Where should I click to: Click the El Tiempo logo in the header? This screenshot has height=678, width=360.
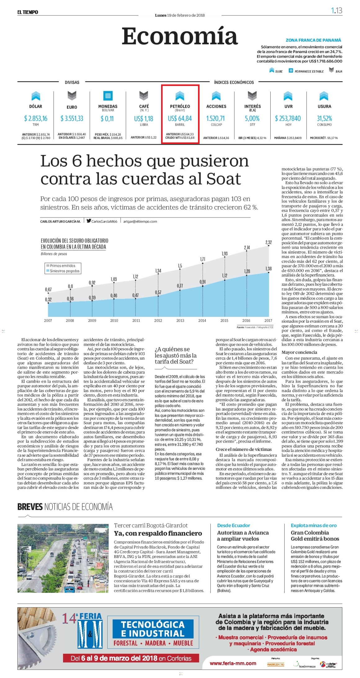[x=28, y=12]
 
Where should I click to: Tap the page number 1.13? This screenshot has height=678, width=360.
[x=336, y=11]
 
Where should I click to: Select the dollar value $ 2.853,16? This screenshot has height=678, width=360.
[x=36, y=118]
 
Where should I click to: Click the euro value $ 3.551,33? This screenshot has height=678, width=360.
[x=72, y=118]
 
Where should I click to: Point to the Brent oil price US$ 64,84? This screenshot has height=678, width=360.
[x=180, y=118]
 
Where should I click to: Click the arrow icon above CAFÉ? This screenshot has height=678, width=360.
[x=144, y=96]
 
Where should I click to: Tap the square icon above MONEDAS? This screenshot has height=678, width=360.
[x=108, y=96]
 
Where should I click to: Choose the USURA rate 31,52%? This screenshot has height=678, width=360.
[x=324, y=118]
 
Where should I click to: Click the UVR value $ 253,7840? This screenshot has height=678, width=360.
[x=288, y=118]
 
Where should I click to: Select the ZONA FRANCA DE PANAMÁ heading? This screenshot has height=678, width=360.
[x=313, y=40]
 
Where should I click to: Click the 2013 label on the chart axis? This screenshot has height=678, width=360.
[x=180, y=321]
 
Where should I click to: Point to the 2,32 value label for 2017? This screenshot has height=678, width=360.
[x=268, y=242]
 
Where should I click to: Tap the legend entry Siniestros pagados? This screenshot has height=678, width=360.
[x=65, y=271]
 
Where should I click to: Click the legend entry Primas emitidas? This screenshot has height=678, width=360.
[x=62, y=266]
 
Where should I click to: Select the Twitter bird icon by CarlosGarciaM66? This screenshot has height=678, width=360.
[x=89, y=221]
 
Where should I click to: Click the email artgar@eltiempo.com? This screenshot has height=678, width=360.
[x=140, y=221]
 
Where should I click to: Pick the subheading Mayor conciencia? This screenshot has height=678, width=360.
[x=299, y=352]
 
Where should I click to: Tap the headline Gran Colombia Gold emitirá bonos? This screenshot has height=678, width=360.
[x=315, y=536]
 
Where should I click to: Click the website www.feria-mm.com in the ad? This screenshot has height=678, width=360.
[x=233, y=663]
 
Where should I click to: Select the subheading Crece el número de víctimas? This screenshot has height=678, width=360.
[x=244, y=449]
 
